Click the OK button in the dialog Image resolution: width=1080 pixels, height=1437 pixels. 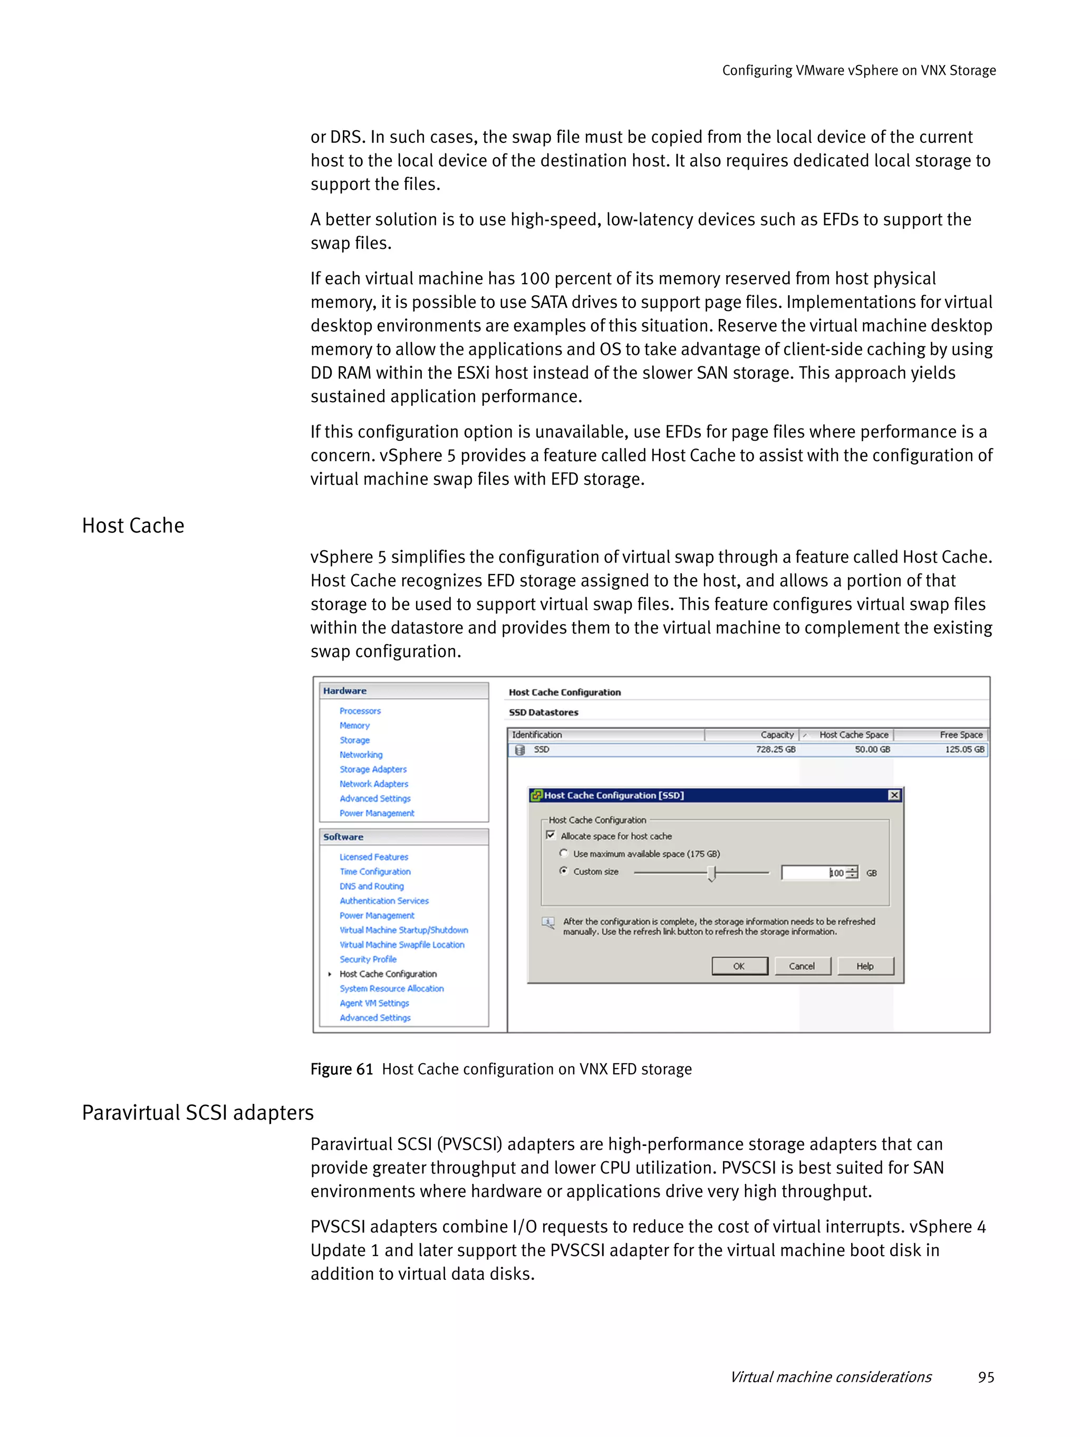point(739,966)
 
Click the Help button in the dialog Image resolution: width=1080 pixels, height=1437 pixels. point(865,966)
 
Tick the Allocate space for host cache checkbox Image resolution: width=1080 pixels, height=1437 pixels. point(551,836)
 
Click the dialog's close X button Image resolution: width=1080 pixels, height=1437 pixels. point(894,795)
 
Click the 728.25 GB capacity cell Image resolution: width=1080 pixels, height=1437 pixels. point(775,749)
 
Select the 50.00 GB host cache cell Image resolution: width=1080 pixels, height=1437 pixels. point(872,749)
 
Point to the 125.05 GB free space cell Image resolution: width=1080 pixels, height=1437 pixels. point(965,749)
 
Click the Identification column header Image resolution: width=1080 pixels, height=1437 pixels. point(537,735)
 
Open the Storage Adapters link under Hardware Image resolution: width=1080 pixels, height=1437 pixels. point(373,769)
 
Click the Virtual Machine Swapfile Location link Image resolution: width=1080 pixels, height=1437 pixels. point(402,945)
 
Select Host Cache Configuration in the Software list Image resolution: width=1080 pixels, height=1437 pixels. point(388,974)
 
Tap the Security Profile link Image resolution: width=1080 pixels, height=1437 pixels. point(368,959)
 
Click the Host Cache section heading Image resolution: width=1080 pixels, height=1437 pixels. point(133,526)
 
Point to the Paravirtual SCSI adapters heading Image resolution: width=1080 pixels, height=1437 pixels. point(198,1113)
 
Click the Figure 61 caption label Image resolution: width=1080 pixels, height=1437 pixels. point(342,1069)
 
